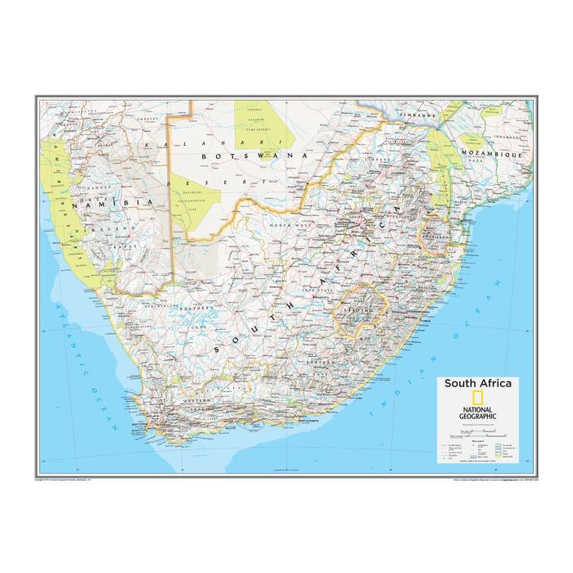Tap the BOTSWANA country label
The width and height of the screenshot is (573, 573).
(246, 156)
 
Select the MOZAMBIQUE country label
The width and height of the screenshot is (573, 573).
(492, 153)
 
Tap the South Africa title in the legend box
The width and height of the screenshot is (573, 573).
(479, 383)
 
